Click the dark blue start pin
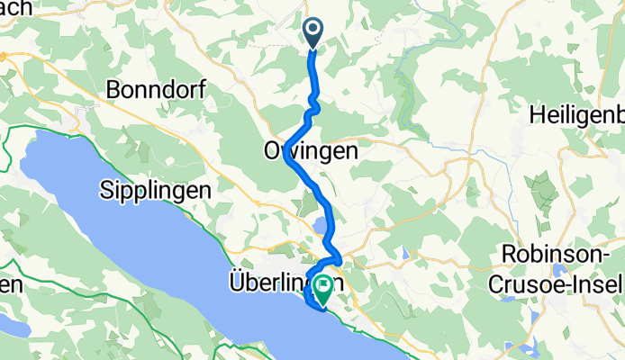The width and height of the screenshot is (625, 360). click(x=313, y=32)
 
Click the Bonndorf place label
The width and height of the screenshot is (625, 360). click(x=157, y=89)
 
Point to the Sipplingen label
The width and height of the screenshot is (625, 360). click(x=155, y=191)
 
